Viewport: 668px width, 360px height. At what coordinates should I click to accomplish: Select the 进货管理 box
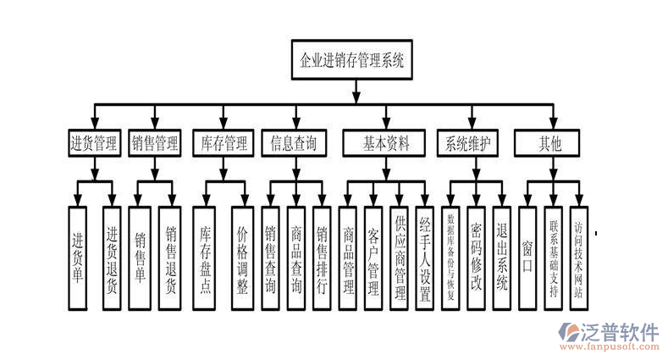coord(94,143)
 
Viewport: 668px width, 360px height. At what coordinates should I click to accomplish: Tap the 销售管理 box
coord(155,143)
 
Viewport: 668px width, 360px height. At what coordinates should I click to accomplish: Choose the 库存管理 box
coord(223,143)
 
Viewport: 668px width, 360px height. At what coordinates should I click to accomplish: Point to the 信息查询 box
coord(294,143)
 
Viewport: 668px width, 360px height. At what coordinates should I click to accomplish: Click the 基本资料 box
coord(386,143)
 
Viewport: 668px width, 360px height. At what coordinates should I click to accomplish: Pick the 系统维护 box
coord(467,143)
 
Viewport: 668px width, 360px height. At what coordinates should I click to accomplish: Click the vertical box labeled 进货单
coord(78,258)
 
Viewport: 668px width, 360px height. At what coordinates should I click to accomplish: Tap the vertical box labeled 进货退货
coord(111,258)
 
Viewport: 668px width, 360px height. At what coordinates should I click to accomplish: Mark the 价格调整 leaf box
coord(242,258)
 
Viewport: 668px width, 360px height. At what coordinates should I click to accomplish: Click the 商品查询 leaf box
coord(295,258)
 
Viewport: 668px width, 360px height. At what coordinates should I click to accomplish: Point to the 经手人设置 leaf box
coord(425,258)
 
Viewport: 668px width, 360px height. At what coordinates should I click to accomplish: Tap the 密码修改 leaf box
coord(476,258)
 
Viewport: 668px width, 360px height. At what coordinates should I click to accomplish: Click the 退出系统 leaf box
coord(501,258)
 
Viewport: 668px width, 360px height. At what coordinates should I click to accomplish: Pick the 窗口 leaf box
coord(527,258)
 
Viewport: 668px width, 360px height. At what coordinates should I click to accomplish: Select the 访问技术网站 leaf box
coord(578,258)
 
